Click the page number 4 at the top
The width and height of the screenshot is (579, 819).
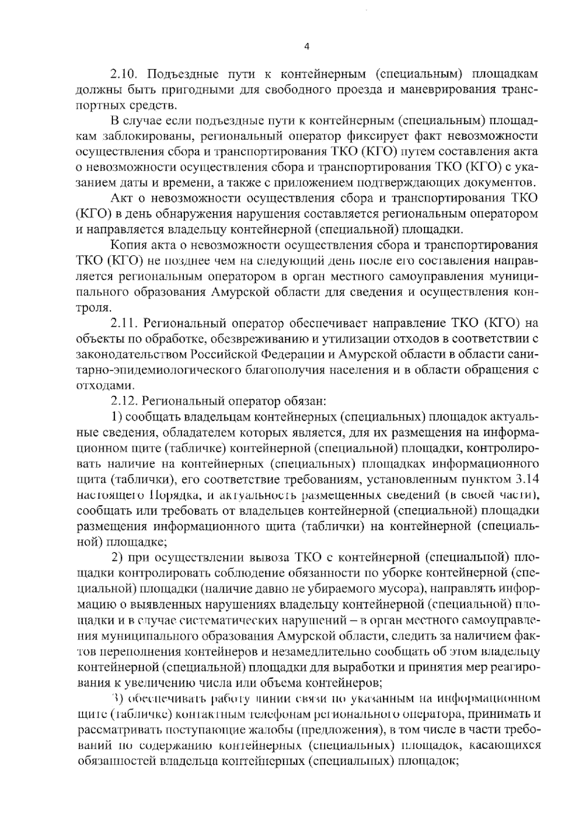307,47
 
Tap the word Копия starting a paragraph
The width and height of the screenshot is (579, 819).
127,245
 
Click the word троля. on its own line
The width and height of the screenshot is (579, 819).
94,307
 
